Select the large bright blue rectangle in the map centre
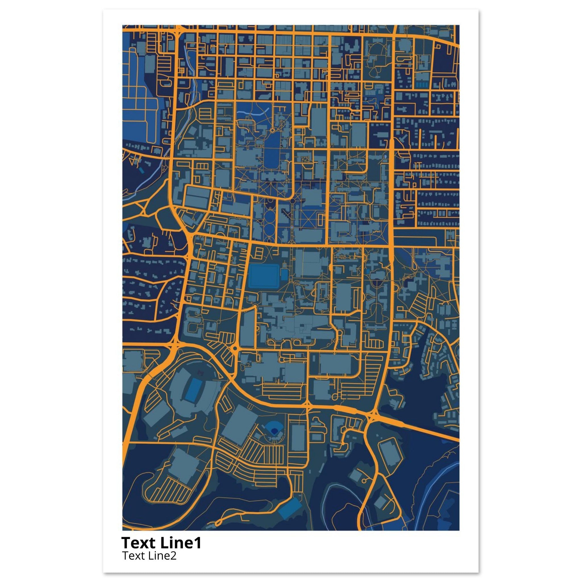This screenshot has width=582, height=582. click(x=264, y=275)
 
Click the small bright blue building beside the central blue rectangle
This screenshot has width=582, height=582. click(x=284, y=275)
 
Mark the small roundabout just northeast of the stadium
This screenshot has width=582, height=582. click(x=235, y=348)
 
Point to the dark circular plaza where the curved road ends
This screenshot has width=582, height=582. click(x=292, y=200)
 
